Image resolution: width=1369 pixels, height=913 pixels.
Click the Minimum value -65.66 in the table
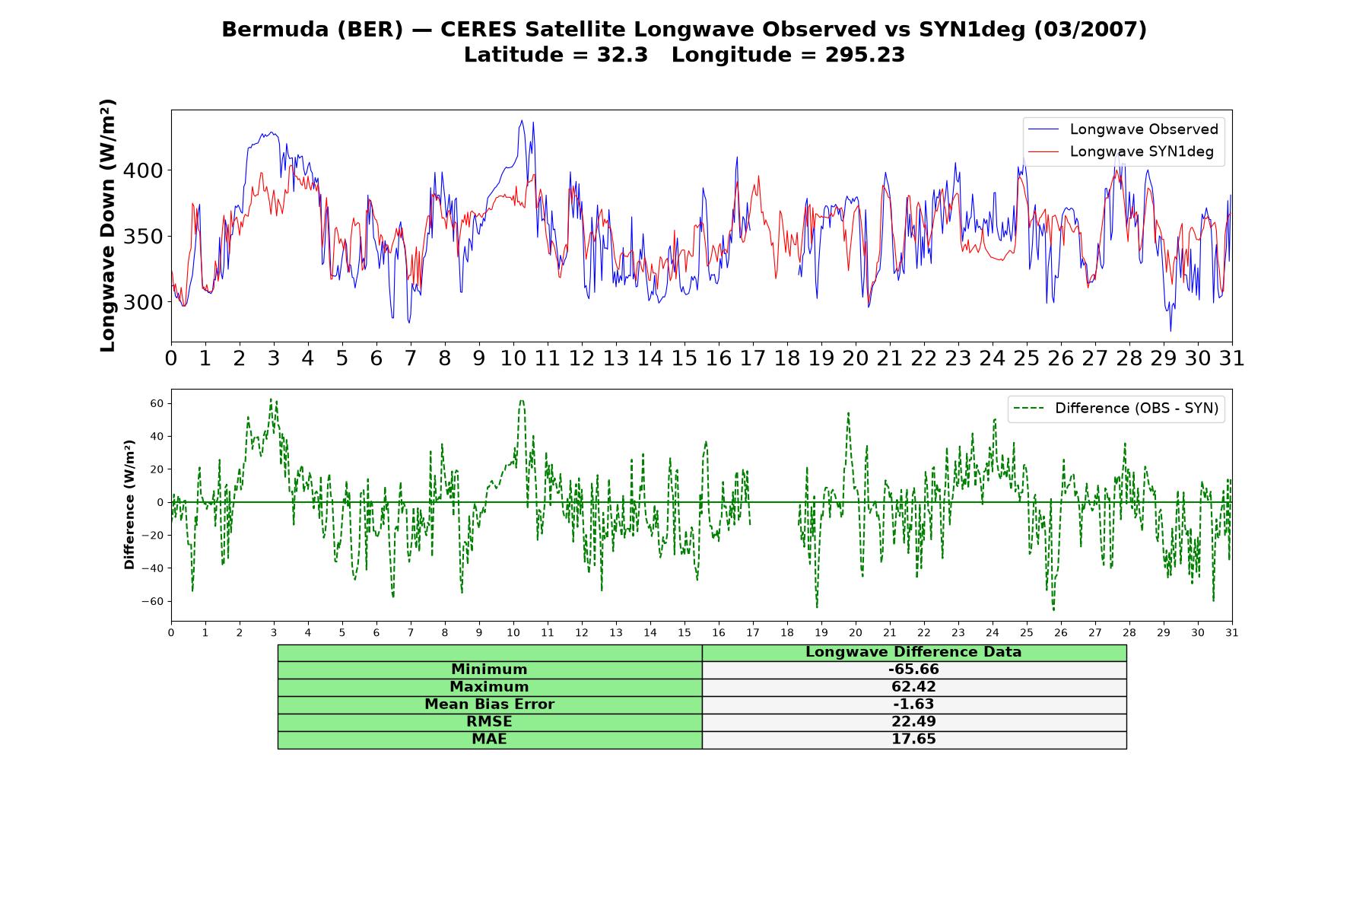(913, 670)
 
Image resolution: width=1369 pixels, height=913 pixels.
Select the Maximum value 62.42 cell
(913, 687)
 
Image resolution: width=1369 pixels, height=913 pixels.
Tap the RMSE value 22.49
(913, 721)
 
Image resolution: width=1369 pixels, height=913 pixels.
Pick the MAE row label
(489, 739)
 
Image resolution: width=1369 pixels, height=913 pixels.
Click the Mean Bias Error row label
(489, 705)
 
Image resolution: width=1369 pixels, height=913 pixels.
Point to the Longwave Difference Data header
(913, 652)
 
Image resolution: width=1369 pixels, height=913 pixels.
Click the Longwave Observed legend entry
(1123, 129)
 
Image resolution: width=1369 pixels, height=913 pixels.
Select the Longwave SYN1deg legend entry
(1120, 151)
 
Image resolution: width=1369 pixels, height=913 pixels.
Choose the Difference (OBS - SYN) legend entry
(1116, 409)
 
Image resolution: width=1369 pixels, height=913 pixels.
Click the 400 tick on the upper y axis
(143, 170)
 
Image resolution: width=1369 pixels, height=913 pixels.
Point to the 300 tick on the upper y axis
(143, 302)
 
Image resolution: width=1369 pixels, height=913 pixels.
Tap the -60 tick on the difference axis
(152, 601)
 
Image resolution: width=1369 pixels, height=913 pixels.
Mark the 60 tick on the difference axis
(157, 403)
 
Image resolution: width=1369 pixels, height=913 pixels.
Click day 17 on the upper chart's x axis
(752, 358)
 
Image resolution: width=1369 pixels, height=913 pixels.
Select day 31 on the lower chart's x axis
(1232, 632)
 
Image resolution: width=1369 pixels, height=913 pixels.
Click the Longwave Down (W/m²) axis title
(107, 225)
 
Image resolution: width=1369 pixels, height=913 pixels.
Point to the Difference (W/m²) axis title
(129, 504)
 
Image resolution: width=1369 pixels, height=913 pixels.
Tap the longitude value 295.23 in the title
(865, 55)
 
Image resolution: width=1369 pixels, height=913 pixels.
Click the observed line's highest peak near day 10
(522, 120)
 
